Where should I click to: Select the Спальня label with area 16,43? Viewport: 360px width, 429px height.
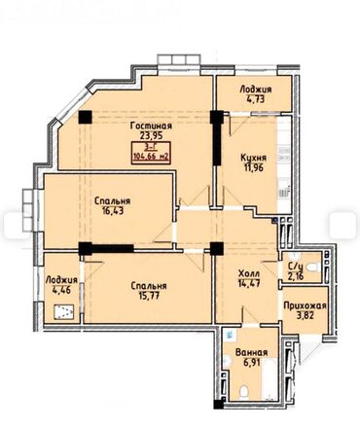click(113, 202)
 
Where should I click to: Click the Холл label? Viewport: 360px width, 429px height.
click(248, 275)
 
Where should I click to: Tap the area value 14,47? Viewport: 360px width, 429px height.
click(248, 287)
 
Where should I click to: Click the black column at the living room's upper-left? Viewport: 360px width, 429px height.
click(86, 118)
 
